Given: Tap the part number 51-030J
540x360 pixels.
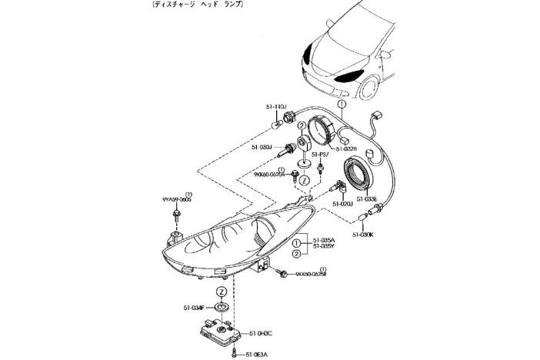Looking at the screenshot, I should (x=260, y=145).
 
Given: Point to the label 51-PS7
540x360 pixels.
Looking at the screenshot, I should (x=321, y=155).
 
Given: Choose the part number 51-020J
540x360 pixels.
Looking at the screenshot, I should (x=342, y=204).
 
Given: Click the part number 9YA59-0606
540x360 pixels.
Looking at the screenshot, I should (x=177, y=198).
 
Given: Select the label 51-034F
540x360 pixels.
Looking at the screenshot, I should (x=195, y=308).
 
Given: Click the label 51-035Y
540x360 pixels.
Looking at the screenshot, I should (x=324, y=246).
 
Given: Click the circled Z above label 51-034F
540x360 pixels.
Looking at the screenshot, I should (x=221, y=292).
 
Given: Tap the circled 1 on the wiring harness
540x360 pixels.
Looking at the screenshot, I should (x=342, y=103).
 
